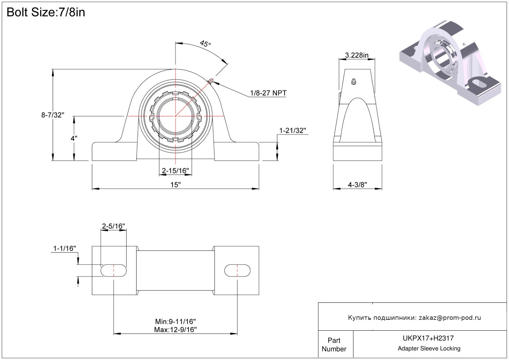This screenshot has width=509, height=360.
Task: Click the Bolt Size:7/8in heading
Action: click(x=46, y=12)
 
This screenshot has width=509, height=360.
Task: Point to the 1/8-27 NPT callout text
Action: click(x=268, y=93)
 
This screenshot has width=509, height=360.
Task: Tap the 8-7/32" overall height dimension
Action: click(x=53, y=115)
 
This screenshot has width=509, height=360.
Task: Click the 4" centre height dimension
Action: click(x=74, y=138)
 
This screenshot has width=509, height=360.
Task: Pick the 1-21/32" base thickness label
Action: click(x=292, y=131)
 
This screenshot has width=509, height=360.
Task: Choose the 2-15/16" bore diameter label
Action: click(x=175, y=171)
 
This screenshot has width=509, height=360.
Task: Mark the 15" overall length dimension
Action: click(x=175, y=185)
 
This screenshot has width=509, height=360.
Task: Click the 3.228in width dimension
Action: click(x=357, y=55)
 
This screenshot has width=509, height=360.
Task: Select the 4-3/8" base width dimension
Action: click(x=357, y=185)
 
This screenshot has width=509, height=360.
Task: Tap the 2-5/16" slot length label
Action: click(x=113, y=226)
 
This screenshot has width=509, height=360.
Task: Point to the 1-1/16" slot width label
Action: click(x=64, y=248)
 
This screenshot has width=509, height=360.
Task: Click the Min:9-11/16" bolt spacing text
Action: click(x=175, y=322)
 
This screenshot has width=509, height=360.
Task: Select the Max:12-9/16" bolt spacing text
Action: click(x=175, y=330)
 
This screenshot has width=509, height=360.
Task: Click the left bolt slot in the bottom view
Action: click(x=113, y=270)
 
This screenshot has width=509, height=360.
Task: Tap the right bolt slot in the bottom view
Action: click(x=237, y=270)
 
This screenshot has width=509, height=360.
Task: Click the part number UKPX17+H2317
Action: click(x=428, y=338)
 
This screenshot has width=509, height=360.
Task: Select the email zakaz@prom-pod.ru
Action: click(x=450, y=318)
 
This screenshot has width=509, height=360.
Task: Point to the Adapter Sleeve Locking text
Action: click(x=429, y=349)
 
